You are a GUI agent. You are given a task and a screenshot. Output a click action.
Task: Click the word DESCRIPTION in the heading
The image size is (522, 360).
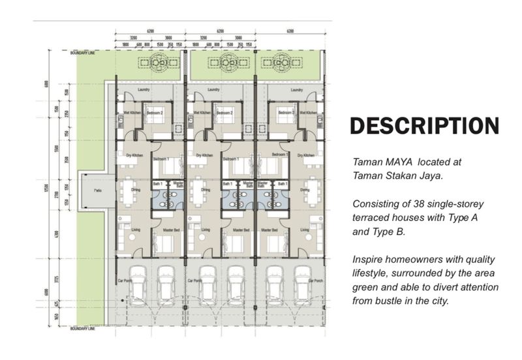(424, 125)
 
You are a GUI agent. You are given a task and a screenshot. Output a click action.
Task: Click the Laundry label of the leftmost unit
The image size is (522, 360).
(145, 90)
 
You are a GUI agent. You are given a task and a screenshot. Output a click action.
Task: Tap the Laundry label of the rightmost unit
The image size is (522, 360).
(296, 90)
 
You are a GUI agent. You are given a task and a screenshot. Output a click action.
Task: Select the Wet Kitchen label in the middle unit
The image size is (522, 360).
(202, 113)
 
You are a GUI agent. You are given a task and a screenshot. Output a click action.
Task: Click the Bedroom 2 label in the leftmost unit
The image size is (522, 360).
(154, 113)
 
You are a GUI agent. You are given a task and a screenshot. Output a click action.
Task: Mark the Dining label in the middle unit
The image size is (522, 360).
(206, 190)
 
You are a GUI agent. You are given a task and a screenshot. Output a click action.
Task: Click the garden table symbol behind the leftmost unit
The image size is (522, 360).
(157, 63)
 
